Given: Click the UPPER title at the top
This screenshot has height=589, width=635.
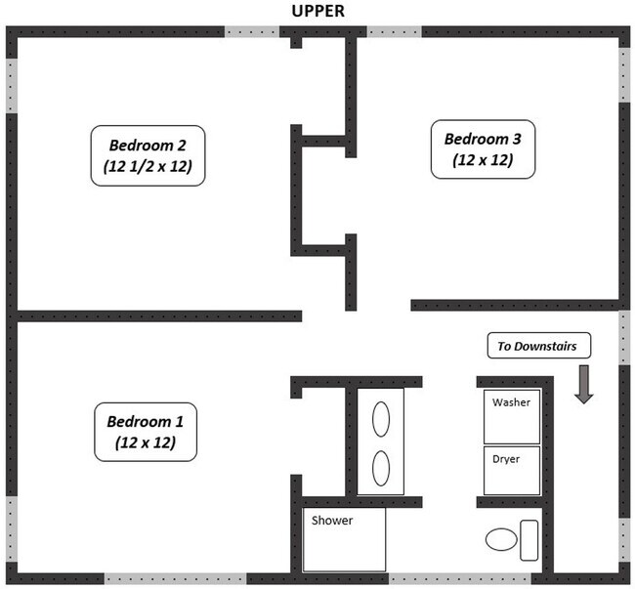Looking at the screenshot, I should point(317,11).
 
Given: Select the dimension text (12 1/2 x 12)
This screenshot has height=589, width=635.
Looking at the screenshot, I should point(148,166).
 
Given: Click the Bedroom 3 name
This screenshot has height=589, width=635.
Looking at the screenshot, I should point(483,138).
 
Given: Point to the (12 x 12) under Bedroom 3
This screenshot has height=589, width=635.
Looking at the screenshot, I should point(483,159).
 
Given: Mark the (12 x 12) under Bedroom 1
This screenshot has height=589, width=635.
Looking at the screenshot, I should point(145,442).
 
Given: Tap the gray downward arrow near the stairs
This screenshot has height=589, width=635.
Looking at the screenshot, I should point(584,383).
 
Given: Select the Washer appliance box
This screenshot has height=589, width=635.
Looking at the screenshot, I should point(512,415).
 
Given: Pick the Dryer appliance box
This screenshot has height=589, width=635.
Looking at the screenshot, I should point(512,471).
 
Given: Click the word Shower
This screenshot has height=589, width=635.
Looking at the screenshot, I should point(332,521).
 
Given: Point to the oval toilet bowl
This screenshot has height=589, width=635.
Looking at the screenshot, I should point(500,539).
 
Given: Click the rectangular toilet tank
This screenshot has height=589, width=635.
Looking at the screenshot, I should point(529,540).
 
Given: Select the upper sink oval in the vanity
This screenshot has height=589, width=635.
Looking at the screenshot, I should point(381,421).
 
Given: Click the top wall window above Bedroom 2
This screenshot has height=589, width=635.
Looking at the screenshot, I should point(253,32).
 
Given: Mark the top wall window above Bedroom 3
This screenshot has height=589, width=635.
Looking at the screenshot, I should point(394,32).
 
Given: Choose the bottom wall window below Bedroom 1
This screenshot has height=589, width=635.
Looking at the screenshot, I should point(175,578).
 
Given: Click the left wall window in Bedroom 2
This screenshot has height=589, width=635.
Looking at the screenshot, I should point(12,86).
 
